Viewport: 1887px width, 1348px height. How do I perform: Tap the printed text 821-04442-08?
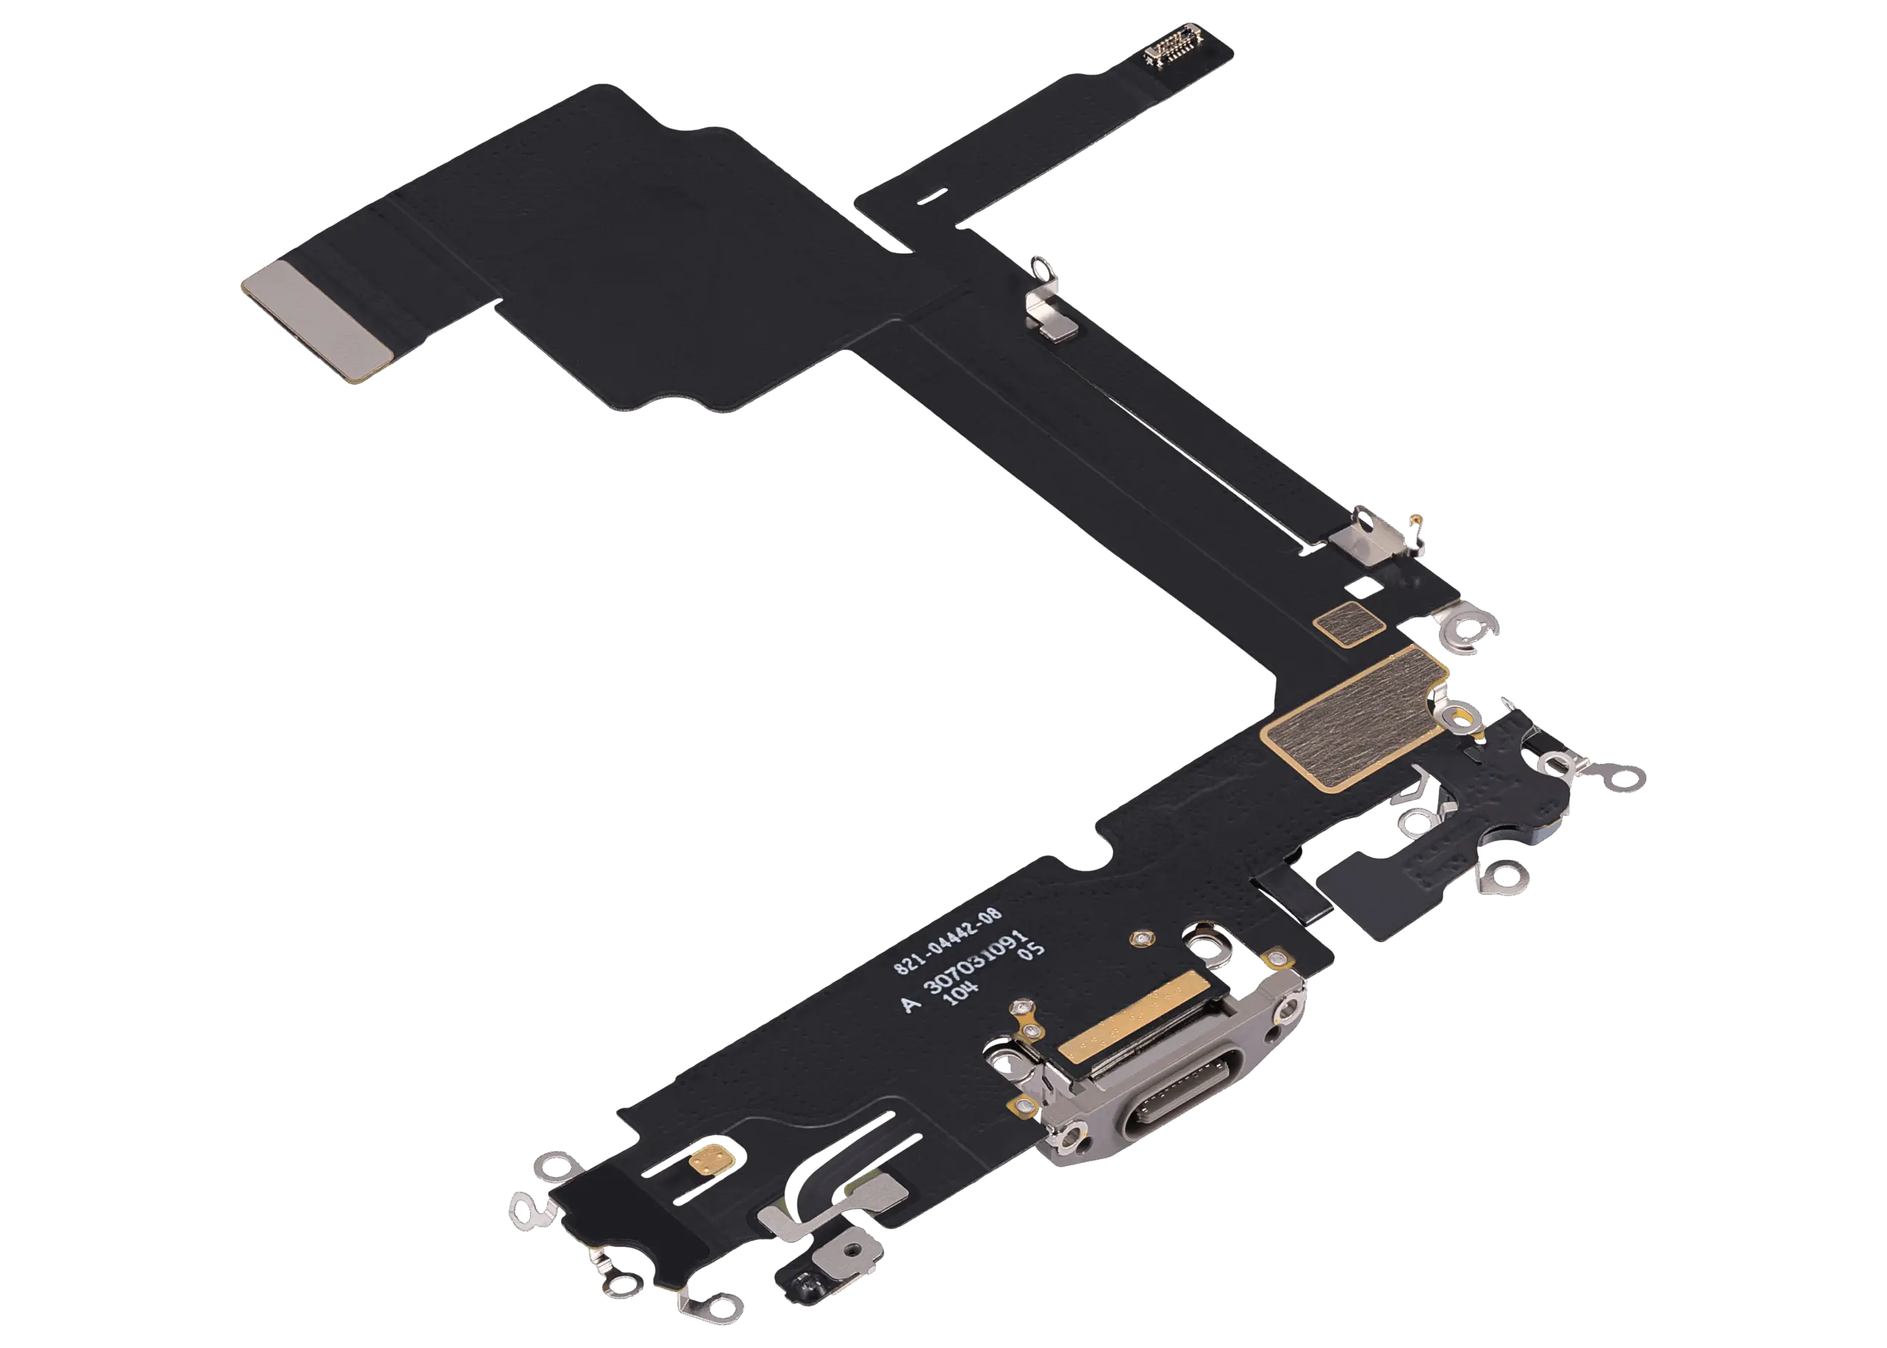(946, 941)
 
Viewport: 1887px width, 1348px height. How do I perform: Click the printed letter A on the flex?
(911, 1004)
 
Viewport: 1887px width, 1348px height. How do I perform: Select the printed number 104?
(960, 993)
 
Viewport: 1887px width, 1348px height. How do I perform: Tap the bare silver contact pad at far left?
(316, 321)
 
